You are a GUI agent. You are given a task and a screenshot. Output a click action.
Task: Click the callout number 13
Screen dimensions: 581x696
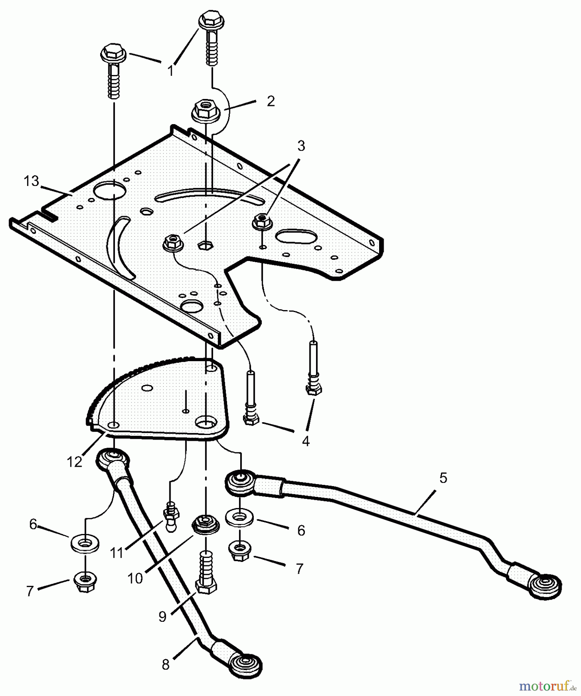pos(31,181)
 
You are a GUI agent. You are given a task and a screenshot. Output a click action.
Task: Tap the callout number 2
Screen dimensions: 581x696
pos(271,101)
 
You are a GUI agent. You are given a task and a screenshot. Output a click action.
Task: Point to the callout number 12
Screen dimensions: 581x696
pos(75,462)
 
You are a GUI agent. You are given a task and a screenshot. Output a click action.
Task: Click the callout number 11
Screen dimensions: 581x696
pos(116,553)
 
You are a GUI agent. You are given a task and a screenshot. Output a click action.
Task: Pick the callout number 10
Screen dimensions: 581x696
pos(135,578)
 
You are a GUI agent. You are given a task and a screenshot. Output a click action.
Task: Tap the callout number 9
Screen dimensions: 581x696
pos(162,616)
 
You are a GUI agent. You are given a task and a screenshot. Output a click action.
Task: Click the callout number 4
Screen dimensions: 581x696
pos(306,441)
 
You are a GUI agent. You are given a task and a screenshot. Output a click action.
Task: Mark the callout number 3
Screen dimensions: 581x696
pos(301,146)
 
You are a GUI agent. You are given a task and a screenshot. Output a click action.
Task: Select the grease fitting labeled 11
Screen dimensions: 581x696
pos(171,516)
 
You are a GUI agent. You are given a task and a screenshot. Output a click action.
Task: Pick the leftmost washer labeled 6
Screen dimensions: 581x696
pos(85,543)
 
